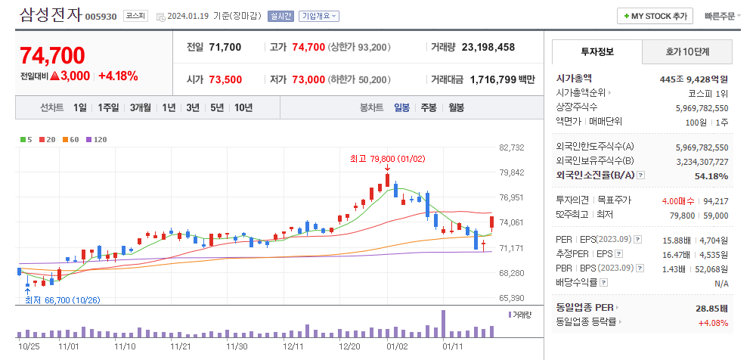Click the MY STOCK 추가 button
click(655, 15)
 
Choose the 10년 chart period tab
click(243, 107)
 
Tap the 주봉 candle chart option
click(429, 107)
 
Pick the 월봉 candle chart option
click(456, 107)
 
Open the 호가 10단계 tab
click(688, 51)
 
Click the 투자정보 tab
click(597, 51)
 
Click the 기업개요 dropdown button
click(319, 16)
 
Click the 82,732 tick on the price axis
click(512, 147)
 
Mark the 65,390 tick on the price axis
click(512, 298)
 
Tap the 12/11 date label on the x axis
click(293, 346)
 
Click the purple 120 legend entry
click(96, 139)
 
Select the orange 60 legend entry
click(72, 139)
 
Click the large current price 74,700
click(52, 55)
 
